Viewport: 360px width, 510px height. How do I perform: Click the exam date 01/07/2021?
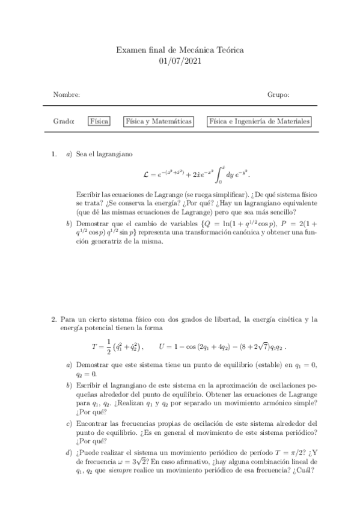(x=180, y=61)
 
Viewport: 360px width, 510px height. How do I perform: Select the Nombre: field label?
(x=67, y=94)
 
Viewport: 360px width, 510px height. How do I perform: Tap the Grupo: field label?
(x=278, y=94)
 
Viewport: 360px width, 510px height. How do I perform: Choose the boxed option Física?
(x=99, y=121)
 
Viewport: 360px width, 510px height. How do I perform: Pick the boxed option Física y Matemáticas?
(x=158, y=121)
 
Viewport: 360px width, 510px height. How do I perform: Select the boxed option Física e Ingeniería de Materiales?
(x=259, y=121)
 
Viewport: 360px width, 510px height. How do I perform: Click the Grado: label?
(x=64, y=121)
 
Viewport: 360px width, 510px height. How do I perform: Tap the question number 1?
(x=55, y=154)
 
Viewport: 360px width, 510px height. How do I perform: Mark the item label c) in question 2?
(x=69, y=423)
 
